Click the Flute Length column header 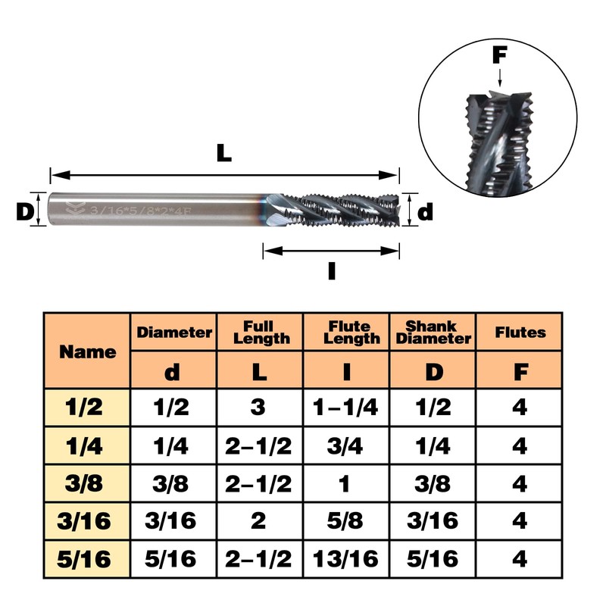351,333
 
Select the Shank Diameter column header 433,333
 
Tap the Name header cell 88,351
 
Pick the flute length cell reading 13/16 345,559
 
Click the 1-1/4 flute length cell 345,408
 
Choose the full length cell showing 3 258,408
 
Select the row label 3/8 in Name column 84,483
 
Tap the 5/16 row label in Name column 84,559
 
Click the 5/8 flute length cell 345,521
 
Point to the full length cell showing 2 258,521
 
